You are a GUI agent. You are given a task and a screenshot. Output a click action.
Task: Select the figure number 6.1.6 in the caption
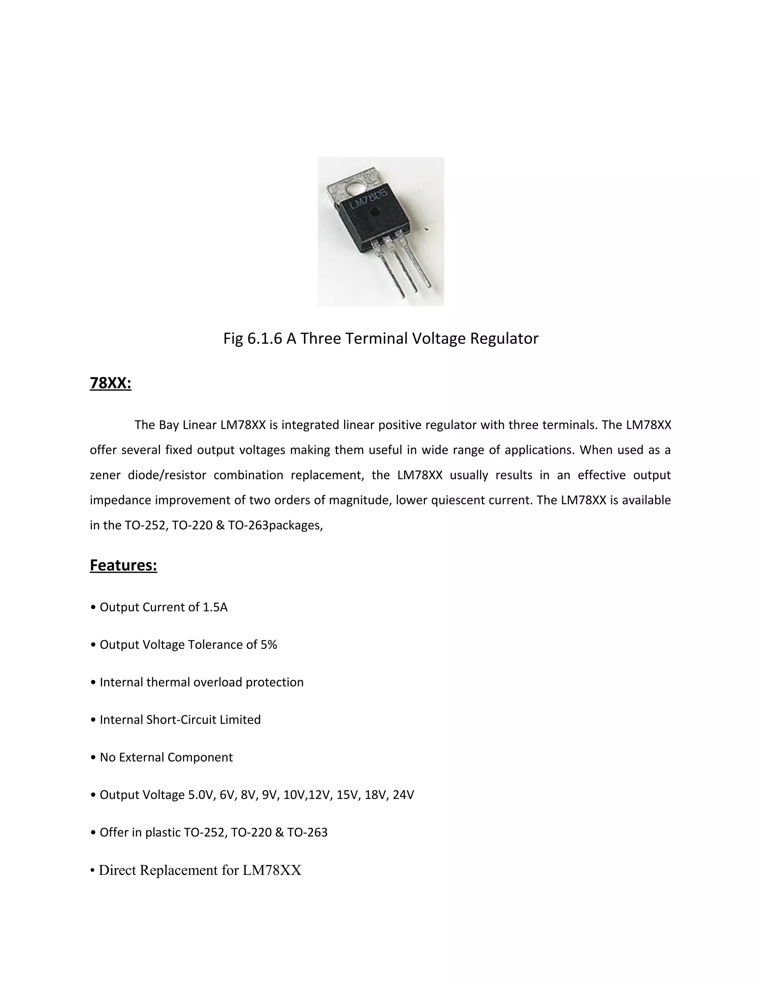coord(265,339)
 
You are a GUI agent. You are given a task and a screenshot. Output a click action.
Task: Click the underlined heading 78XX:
coord(110,383)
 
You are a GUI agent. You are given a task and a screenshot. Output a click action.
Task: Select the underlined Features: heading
coord(123,565)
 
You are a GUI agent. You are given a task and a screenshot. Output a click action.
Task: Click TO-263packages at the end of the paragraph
coord(275,525)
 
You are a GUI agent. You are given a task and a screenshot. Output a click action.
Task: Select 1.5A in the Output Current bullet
coord(215,607)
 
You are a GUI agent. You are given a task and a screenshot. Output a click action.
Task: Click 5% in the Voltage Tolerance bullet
coord(269,645)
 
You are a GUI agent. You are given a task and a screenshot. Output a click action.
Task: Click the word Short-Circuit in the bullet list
coord(182,720)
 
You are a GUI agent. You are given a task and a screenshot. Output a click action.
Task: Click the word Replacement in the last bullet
coord(179,870)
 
